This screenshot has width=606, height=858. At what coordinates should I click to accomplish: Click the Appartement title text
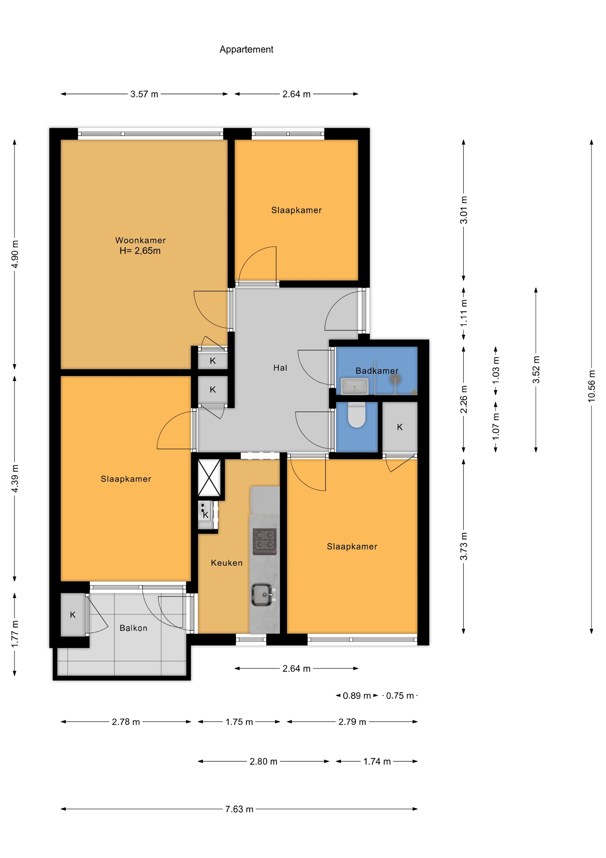(246, 49)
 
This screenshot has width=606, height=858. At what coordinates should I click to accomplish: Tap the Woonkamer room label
(140, 240)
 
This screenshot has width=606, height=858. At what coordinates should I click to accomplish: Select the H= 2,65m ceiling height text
(140, 251)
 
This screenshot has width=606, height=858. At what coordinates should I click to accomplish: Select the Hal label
(280, 368)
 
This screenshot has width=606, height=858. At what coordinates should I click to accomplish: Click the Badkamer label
(377, 371)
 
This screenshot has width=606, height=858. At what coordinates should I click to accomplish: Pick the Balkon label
(133, 628)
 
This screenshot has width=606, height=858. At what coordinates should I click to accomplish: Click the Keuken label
(227, 563)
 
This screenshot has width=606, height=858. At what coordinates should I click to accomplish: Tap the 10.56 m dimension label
(591, 386)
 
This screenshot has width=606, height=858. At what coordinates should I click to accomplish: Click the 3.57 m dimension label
(144, 94)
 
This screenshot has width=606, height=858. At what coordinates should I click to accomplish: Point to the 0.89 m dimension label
(357, 696)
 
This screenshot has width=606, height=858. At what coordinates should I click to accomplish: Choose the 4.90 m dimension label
(15, 254)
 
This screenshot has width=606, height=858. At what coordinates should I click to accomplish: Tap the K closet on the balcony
(73, 615)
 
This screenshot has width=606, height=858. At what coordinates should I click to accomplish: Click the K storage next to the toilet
(400, 427)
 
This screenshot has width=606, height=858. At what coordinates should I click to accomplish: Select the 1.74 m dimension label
(377, 762)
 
